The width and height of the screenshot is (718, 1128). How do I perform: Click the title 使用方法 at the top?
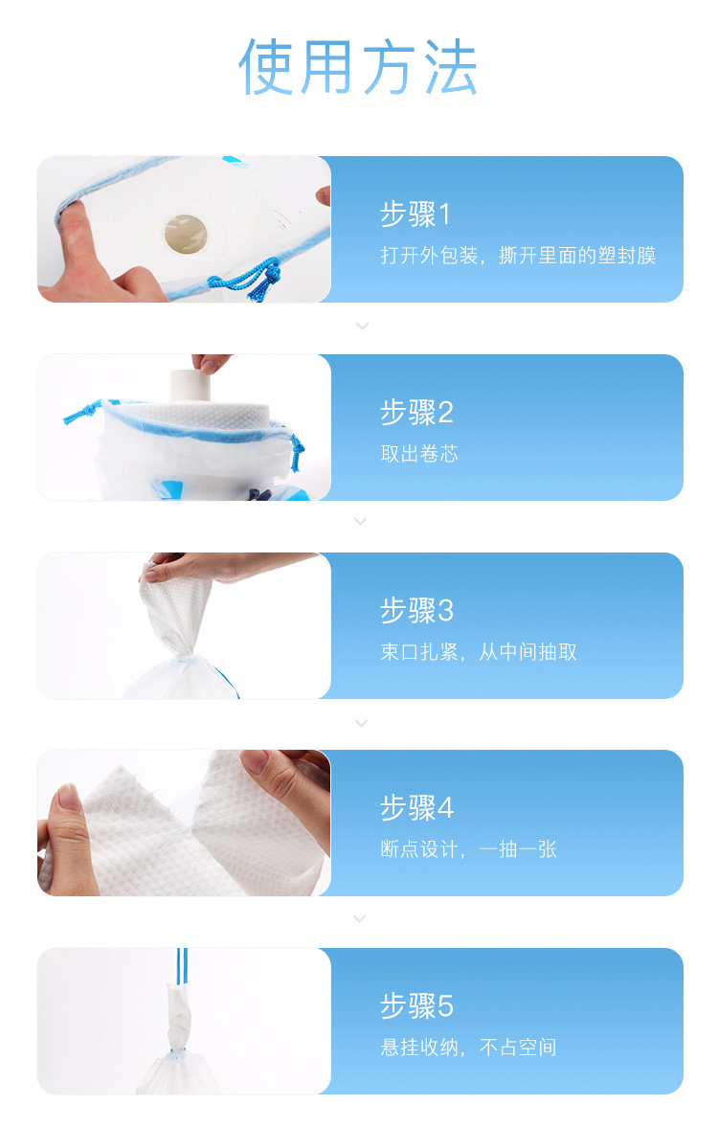click(358, 67)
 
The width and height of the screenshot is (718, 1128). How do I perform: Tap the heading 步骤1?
click(415, 214)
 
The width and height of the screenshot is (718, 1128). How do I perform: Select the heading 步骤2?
click(416, 412)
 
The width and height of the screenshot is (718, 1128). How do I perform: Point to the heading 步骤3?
click(416, 610)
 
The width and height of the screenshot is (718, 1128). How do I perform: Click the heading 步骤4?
click(416, 807)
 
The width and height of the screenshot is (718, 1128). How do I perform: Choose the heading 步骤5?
click(416, 1005)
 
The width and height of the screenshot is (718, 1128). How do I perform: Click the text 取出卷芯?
click(419, 453)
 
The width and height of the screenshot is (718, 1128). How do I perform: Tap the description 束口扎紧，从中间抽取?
click(479, 652)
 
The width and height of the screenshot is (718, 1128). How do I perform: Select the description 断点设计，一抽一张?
click(468, 849)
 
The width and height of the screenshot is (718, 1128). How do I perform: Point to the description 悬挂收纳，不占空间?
click(468, 1047)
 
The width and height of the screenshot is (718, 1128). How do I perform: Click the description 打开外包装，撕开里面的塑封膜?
click(518, 256)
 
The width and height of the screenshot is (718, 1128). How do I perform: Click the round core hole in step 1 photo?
click(186, 234)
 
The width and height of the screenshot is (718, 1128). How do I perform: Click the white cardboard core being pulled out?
click(190, 385)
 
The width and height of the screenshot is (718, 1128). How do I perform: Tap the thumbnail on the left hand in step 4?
click(69, 798)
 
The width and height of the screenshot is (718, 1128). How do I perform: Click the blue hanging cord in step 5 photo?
click(182, 966)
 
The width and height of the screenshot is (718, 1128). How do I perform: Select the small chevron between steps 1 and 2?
click(362, 326)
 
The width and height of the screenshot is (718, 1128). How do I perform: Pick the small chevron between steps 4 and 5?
click(361, 918)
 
